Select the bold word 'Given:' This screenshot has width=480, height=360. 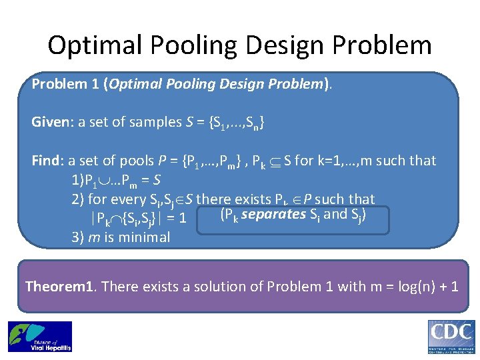coord(51,122)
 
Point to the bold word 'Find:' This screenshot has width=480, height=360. coord(47,161)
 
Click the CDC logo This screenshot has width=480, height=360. coord(451,337)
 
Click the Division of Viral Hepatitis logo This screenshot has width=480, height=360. coord(39,337)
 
